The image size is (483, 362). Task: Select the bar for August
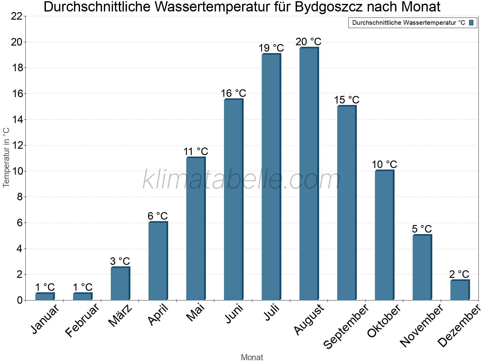[309, 174]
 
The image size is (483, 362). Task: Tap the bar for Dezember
[460, 290]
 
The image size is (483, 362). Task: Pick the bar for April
[158, 261]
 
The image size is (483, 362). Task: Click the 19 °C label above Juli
[271, 48]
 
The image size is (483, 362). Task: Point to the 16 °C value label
[233, 93]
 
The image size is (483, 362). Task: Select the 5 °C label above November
[422, 229]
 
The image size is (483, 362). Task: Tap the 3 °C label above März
[120, 261]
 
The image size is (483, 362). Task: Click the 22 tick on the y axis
[17, 16]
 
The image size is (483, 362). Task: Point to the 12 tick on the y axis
[17, 145]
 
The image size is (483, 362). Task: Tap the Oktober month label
[384, 321]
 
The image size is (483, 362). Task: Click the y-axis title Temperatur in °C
[6, 157]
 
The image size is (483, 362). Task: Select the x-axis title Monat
[252, 357]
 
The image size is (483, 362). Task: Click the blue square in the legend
[471, 23]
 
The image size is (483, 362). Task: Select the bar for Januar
[45, 297]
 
